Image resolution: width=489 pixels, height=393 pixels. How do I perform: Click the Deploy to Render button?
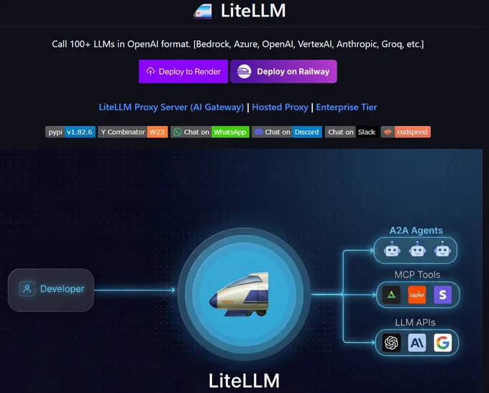click(183, 71)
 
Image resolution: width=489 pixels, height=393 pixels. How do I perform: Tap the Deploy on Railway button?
click(283, 71)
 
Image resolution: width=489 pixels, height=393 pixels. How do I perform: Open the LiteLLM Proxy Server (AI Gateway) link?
click(171, 107)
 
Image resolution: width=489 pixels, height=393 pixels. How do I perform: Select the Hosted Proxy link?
click(280, 107)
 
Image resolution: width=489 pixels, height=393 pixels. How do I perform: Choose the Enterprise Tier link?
click(347, 107)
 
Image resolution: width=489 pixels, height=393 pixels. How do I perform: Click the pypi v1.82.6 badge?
click(70, 132)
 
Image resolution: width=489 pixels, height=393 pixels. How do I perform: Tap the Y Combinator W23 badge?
click(133, 132)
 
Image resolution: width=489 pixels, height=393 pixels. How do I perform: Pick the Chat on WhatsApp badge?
click(210, 132)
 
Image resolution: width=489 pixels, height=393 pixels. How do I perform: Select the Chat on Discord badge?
click(287, 132)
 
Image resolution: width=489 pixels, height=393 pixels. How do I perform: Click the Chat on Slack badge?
click(352, 132)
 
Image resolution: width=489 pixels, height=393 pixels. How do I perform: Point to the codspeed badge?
click(406, 132)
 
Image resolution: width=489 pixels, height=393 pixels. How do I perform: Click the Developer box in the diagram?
click(51, 289)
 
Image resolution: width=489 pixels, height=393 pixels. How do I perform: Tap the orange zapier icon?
click(417, 294)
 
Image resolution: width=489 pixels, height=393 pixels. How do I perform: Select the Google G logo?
click(443, 343)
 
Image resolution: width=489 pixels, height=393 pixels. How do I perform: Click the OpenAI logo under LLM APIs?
click(392, 343)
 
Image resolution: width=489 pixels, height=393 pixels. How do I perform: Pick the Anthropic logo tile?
click(417, 343)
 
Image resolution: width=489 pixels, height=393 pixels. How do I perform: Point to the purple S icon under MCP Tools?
click(443, 294)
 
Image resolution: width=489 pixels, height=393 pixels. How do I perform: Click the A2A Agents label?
click(416, 230)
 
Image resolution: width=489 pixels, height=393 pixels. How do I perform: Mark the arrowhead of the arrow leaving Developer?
click(173, 290)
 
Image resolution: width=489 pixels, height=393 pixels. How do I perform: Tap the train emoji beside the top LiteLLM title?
click(203, 12)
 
